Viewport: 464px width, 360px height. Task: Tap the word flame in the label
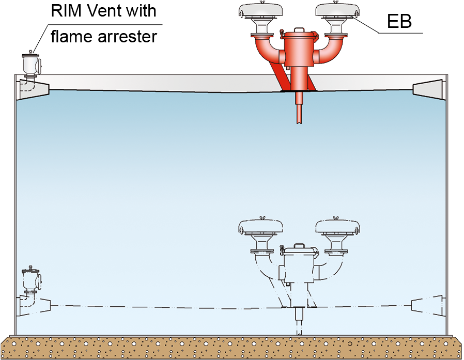click(x=70, y=37)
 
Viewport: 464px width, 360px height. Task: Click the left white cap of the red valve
click(x=260, y=11)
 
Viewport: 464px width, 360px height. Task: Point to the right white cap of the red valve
click(x=337, y=11)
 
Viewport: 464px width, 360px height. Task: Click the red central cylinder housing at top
click(x=299, y=52)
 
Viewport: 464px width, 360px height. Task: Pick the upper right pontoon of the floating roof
click(x=429, y=90)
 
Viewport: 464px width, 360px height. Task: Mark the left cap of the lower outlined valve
click(x=260, y=226)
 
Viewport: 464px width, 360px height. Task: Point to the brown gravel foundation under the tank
click(x=232, y=347)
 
